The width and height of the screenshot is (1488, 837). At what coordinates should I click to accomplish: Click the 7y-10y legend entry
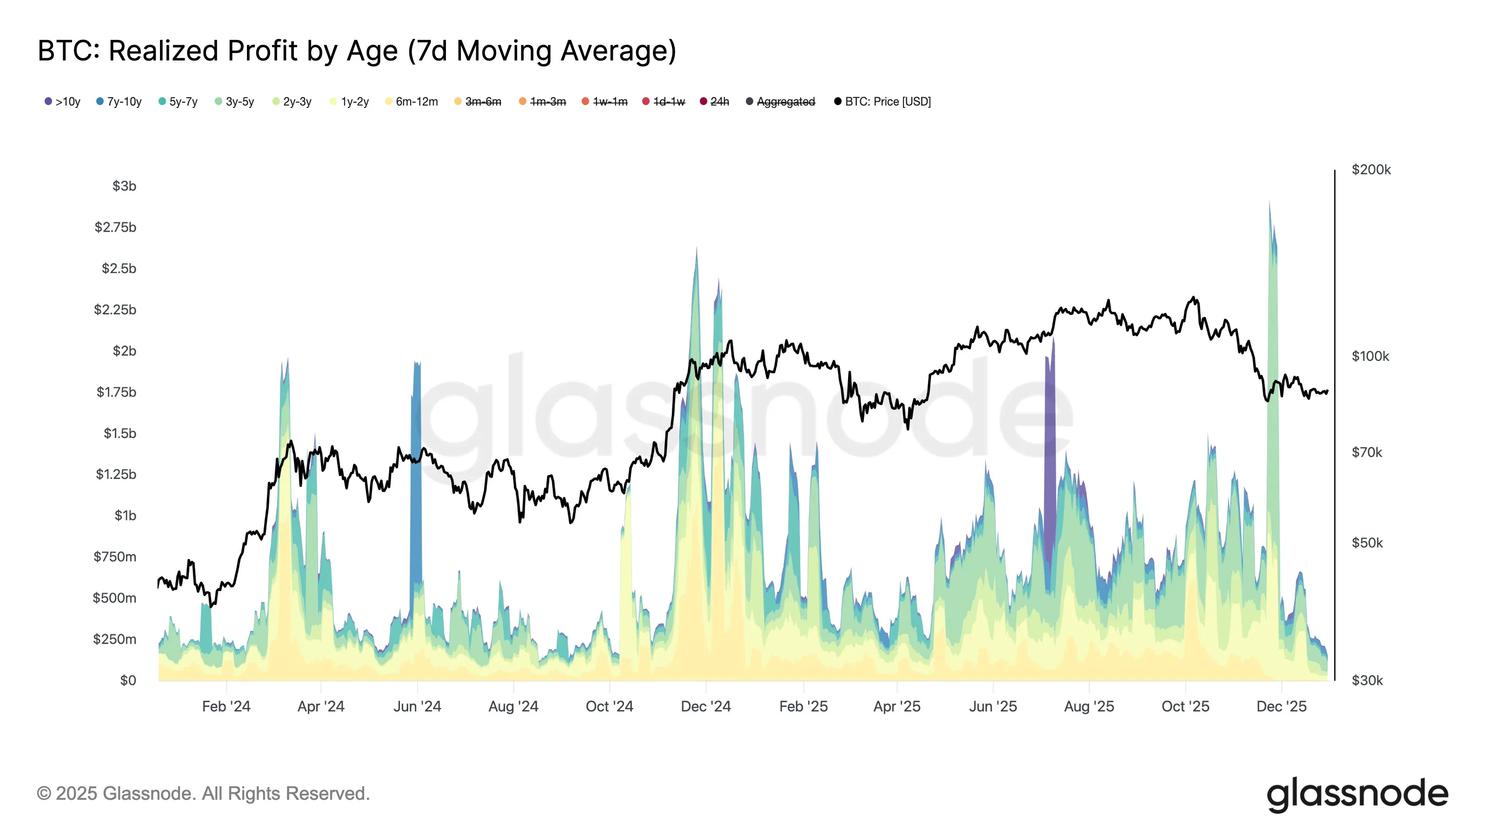point(119,102)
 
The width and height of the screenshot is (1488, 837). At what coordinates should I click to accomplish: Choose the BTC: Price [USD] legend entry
point(883,102)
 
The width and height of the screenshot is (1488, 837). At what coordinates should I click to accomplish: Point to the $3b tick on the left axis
point(124,186)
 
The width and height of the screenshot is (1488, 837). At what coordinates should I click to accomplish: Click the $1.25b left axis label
point(116,474)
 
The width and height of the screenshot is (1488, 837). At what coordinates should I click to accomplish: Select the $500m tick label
point(114,598)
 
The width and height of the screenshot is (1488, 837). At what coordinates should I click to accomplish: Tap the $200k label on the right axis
point(1371,170)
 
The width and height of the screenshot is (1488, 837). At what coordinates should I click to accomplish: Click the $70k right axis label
point(1367,452)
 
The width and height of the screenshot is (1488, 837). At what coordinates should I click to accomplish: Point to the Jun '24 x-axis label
point(417,706)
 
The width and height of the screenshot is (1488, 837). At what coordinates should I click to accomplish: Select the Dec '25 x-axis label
point(1281,706)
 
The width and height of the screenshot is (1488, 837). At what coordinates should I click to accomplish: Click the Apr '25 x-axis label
point(897,706)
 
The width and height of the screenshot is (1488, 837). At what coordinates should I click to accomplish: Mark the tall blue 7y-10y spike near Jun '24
point(416,462)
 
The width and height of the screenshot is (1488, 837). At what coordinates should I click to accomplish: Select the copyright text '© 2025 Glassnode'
point(203,794)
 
